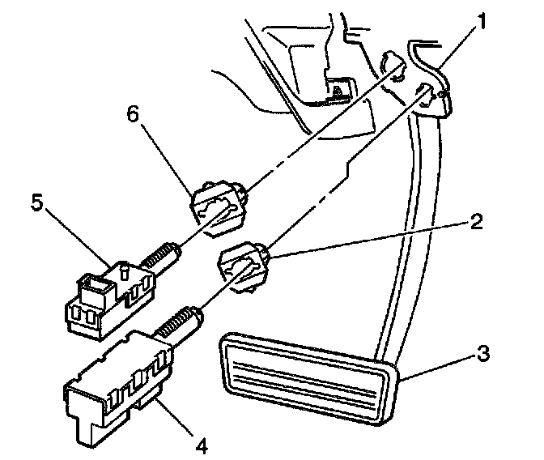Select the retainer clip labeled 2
(243, 266)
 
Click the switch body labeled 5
(105, 299)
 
